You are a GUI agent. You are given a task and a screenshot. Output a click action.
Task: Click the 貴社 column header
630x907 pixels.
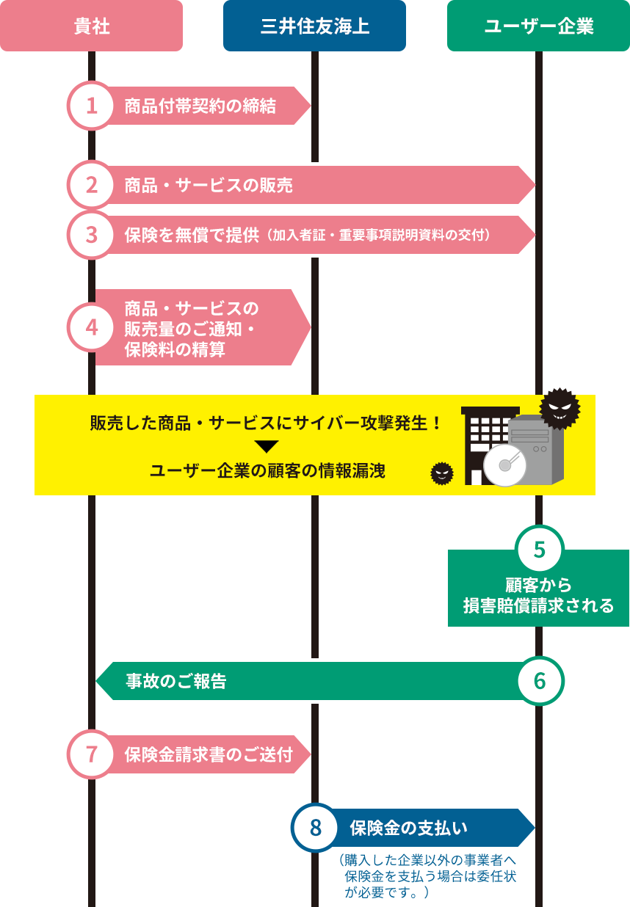point(91,26)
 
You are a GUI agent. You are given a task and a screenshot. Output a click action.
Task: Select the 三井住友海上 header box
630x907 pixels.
point(314,26)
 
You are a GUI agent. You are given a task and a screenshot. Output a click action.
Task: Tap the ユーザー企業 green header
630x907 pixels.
point(538,26)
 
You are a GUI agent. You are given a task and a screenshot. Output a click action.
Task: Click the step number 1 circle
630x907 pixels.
point(92,106)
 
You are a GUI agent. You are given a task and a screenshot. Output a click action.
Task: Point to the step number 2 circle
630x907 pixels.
point(92,185)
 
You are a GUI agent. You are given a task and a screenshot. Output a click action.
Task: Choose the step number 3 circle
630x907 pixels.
point(92,235)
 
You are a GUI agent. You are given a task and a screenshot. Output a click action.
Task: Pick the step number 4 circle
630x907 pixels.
point(92,327)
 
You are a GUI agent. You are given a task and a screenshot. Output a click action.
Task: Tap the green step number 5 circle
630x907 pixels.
point(540,550)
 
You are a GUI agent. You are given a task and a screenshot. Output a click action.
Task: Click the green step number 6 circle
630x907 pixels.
point(540,681)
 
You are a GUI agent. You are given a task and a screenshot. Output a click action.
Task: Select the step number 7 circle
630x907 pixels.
point(92,754)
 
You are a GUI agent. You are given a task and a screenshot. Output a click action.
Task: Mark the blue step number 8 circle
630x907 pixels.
point(316,828)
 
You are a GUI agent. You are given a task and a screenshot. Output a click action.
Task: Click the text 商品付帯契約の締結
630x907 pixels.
point(200,106)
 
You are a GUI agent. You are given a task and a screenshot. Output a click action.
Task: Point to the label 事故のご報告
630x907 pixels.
point(176,682)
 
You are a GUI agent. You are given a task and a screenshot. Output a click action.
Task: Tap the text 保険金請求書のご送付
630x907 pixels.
point(209,755)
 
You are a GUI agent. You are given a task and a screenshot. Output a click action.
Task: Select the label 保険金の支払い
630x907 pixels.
point(408,828)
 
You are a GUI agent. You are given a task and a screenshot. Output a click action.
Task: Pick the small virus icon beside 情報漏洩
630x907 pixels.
point(441,474)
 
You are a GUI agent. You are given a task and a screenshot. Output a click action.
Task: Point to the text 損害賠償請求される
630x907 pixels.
point(538,606)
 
